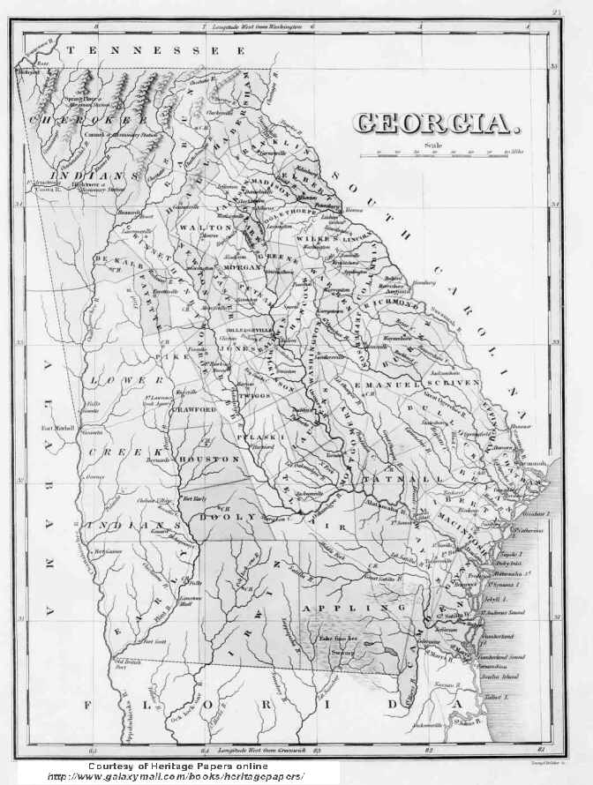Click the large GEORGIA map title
(432, 123)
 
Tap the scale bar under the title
(440, 153)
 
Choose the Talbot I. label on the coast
(513, 697)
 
